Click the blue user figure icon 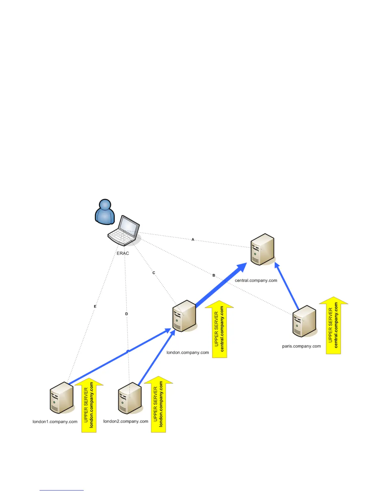(x=105, y=212)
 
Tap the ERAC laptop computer (x=124, y=231)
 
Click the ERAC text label (x=123, y=253)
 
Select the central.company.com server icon (x=262, y=249)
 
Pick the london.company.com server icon (x=184, y=316)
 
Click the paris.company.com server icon (x=304, y=321)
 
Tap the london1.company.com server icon (x=62, y=397)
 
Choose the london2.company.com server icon (x=130, y=398)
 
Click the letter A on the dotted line (x=193, y=239)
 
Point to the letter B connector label (x=214, y=275)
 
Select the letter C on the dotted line (x=154, y=273)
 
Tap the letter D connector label (x=127, y=314)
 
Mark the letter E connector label (x=95, y=306)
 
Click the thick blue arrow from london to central (x=221, y=285)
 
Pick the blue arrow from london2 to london (x=156, y=358)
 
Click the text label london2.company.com (x=126, y=421)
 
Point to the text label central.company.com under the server (x=256, y=280)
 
